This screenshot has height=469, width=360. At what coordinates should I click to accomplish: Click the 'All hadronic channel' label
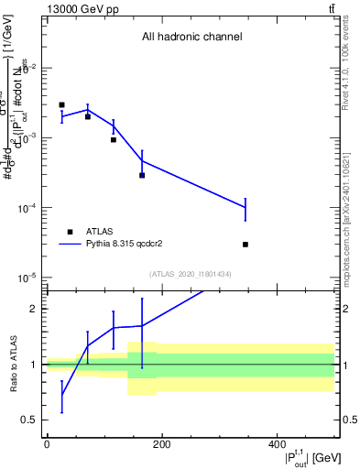click(191, 38)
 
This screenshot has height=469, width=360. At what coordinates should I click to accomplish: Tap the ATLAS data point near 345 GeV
click(245, 245)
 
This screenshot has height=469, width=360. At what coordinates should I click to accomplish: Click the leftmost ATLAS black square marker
click(61, 105)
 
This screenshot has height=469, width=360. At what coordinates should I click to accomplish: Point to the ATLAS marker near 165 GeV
click(142, 175)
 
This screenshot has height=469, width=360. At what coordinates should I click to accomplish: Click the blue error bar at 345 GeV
click(245, 208)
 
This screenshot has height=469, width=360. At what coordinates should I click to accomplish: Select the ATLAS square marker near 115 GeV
click(114, 139)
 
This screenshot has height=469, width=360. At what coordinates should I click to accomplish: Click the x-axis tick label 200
click(161, 444)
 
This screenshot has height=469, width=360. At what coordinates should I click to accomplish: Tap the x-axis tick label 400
click(276, 444)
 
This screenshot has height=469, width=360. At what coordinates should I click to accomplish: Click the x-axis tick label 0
click(47, 444)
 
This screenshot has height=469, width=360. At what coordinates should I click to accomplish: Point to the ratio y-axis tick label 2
click(33, 309)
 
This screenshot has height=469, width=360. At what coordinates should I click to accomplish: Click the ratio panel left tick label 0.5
click(29, 420)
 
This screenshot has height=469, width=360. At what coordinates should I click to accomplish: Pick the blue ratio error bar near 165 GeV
click(142, 325)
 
